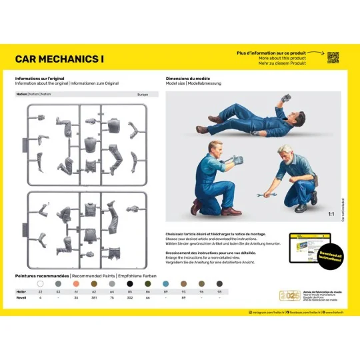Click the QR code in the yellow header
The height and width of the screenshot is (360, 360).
coord(333,57)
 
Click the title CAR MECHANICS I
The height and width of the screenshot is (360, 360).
coord(59,59)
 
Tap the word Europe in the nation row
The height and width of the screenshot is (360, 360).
coord(143,95)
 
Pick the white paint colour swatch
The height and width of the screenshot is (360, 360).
coord(41,284)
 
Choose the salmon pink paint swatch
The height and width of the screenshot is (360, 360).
coord(75,284)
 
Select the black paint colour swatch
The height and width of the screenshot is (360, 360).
coord(129,284)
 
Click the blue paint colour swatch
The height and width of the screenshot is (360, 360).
coord(181,284)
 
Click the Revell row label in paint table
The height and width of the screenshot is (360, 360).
coord(20,297)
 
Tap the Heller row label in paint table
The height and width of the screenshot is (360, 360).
coord(20,291)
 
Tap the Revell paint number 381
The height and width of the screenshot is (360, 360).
coord(93,297)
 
